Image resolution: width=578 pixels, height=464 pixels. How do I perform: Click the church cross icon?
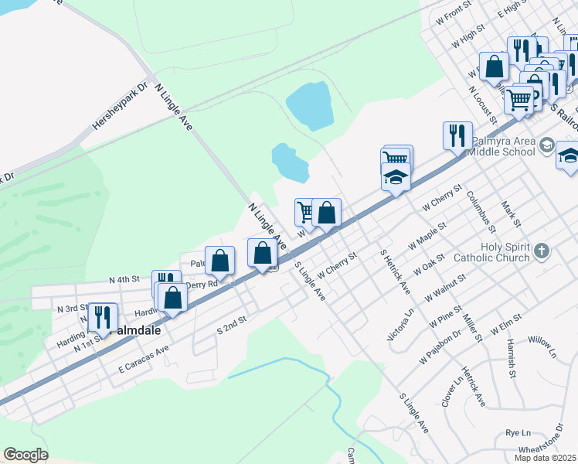pyautogui.click(x=542, y=250)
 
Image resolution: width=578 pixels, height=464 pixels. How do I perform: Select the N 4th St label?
pyautogui.click(x=124, y=278)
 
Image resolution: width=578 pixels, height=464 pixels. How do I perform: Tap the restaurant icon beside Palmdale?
pyautogui.click(x=102, y=316)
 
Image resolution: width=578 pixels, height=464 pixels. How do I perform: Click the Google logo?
pyautogui.click(x=25, y=455)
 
